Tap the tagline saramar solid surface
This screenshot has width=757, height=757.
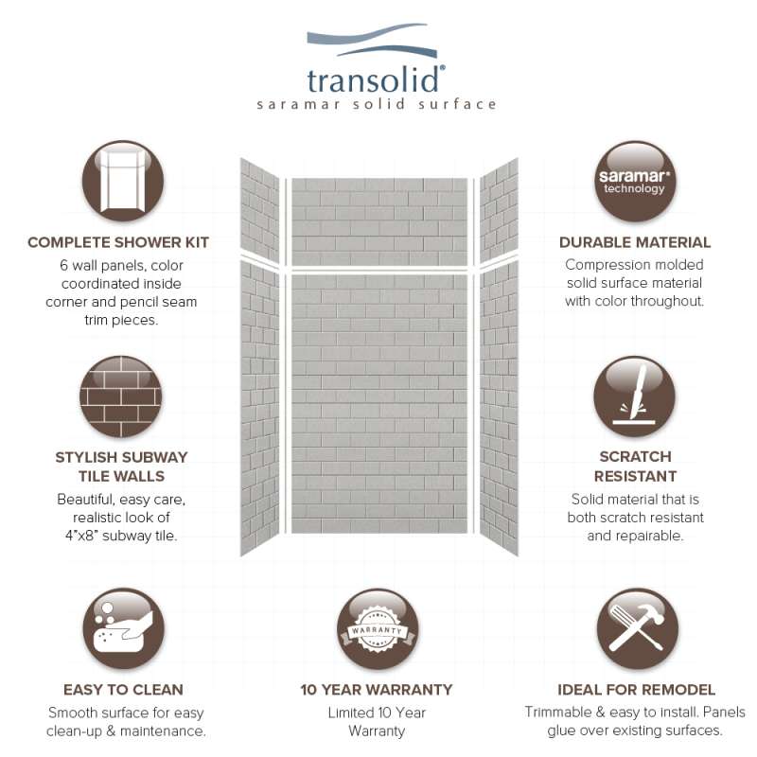click(x=377, y=104)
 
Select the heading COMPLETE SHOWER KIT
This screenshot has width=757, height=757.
click(x=118, y=242)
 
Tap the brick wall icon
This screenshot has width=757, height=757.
click(x=121, y=396)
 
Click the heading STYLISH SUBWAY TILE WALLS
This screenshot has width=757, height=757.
click(x=121, y=467)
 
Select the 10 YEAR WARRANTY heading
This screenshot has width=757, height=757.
click(x=377, y=690)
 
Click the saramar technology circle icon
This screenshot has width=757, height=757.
click(x=635, y=181)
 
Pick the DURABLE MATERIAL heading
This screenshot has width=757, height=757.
click(x=635, y=242)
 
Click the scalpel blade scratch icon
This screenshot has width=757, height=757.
click(x=635, y=396)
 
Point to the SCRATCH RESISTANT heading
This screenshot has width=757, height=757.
click(x=635, y=467)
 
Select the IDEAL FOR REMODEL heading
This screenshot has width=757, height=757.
click(x=635, y=690)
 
